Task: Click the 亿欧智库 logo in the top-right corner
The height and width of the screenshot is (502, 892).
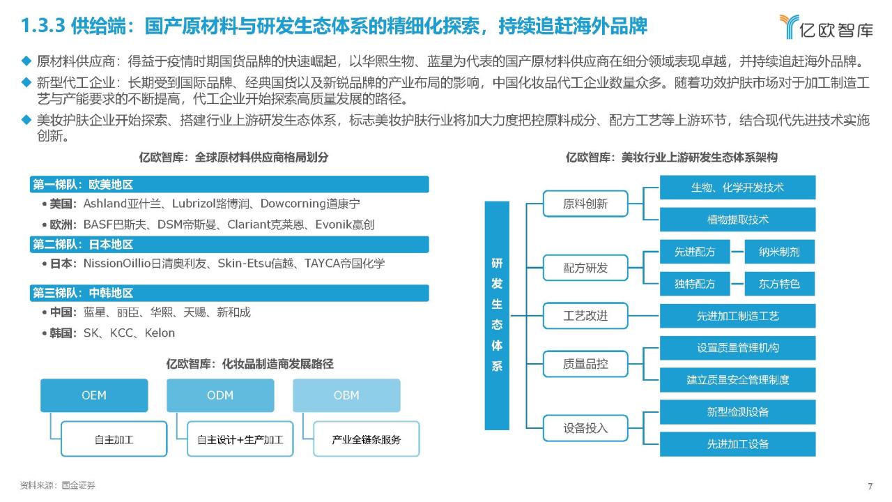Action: (826, 26)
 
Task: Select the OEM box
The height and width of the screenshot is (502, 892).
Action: (94, 395)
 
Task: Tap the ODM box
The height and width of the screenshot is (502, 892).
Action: (220, 395)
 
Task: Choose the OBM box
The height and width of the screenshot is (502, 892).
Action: (346, 395)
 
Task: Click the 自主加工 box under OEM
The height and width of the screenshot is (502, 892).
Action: (114, 439)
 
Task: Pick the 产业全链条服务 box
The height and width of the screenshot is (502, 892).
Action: (367, 439)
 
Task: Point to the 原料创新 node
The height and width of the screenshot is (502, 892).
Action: (585, 204)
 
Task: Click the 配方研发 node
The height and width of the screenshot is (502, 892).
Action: (585, 268)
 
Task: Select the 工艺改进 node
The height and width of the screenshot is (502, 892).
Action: (585, 316)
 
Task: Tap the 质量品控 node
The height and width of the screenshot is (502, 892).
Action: (585, 364)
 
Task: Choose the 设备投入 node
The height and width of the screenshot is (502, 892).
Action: (585, 428)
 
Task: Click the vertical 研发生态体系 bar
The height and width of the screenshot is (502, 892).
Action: (497, 316)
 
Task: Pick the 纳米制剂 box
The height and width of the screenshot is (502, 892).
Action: (779, 252)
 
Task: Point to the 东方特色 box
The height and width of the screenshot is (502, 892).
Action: (779, 284)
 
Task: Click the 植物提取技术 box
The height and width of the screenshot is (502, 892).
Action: (737, 220)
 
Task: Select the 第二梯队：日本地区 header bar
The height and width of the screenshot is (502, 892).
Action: (229, 244)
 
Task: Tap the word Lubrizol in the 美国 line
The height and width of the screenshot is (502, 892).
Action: (194, 204)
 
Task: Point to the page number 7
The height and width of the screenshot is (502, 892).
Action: (870, 486)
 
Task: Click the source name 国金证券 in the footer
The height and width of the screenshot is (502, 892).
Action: (79, 485)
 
